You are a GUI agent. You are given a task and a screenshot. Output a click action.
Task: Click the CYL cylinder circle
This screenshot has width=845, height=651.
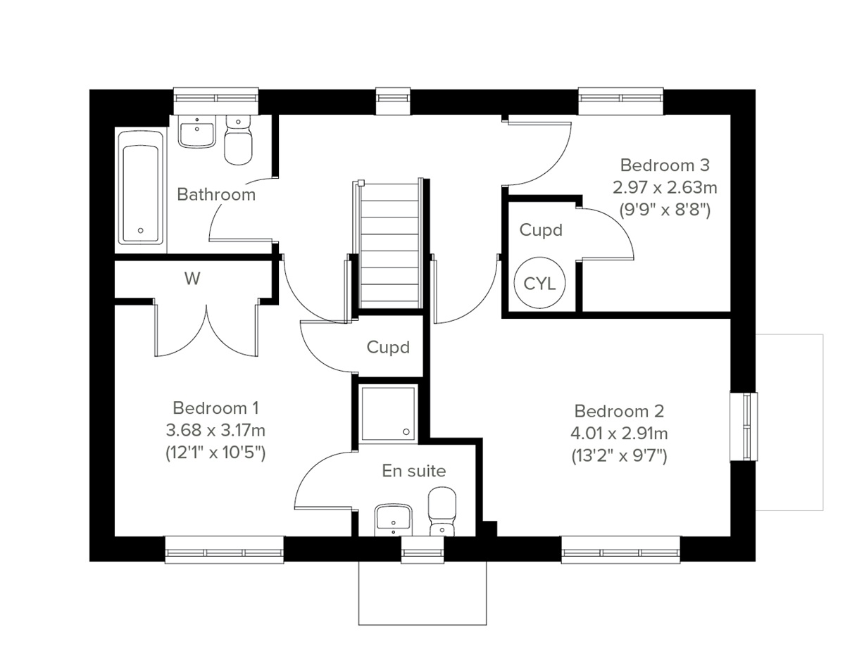coord(540,283)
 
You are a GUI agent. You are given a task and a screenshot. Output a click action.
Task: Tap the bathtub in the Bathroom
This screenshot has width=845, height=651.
coord(141,186)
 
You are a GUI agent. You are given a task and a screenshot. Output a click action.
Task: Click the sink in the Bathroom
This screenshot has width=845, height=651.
coord(196,131)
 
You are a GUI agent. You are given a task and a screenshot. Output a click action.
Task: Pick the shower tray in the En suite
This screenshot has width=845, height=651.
coord(388,412)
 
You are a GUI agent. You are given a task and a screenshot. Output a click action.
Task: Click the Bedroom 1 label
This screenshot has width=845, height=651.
coord(216,407)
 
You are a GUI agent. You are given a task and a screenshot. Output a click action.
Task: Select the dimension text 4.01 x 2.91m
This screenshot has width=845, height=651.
coord(620,433)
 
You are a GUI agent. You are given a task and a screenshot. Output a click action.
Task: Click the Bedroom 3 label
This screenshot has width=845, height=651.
coord(664,165)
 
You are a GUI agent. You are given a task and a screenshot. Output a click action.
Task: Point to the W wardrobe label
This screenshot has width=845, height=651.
coord(192,279)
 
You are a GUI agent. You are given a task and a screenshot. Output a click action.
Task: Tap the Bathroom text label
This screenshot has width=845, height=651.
coord(215,194)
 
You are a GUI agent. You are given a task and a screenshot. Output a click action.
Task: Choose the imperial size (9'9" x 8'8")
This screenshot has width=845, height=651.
coord(664,210)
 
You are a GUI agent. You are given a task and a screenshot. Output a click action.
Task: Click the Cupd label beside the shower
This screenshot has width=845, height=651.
coord(388,347)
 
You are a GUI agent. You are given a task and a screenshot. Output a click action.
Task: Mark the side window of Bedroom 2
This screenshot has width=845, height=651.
coord(744,426)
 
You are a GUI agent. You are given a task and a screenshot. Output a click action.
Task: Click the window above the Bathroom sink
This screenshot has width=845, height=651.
coord(215,97)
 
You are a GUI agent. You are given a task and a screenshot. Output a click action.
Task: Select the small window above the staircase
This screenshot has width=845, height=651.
coord(393,98)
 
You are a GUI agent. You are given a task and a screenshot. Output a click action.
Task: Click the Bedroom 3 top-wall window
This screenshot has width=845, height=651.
coord(621,98)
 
